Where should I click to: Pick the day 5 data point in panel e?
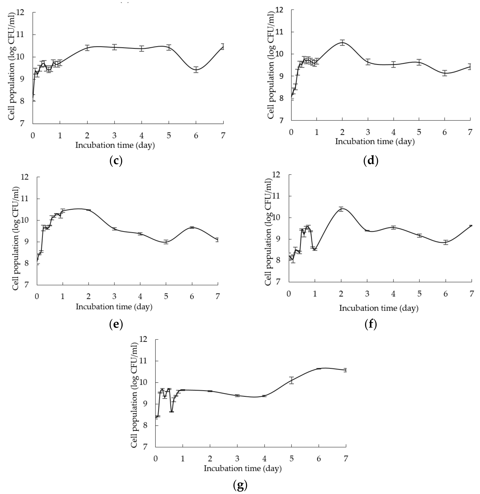(x=166, y=242)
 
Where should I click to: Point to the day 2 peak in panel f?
(x=341, y=209)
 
